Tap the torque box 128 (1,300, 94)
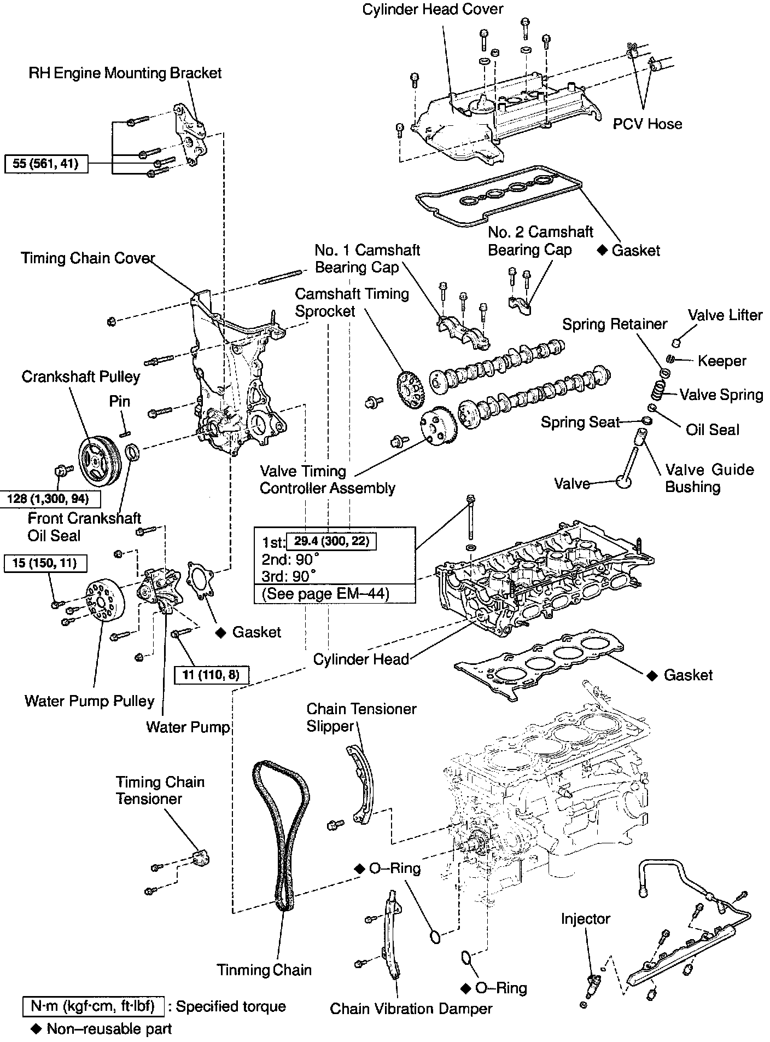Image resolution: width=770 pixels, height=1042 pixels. (48, 499)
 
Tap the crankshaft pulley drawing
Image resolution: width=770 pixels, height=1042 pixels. (96, 460)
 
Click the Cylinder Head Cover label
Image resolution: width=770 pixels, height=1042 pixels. (433, 9)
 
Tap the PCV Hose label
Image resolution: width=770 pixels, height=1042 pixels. (647, 124)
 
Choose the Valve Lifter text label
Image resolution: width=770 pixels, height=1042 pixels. (725, 315)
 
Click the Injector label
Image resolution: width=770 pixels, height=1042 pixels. (585, 919)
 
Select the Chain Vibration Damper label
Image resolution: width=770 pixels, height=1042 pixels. (411, 1009)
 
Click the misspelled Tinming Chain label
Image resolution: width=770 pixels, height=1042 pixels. (264, 970)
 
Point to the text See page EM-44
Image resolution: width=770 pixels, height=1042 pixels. (326, 594)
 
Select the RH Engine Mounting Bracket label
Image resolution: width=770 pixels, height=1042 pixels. (125, 73)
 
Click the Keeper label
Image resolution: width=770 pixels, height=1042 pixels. (721, 361)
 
